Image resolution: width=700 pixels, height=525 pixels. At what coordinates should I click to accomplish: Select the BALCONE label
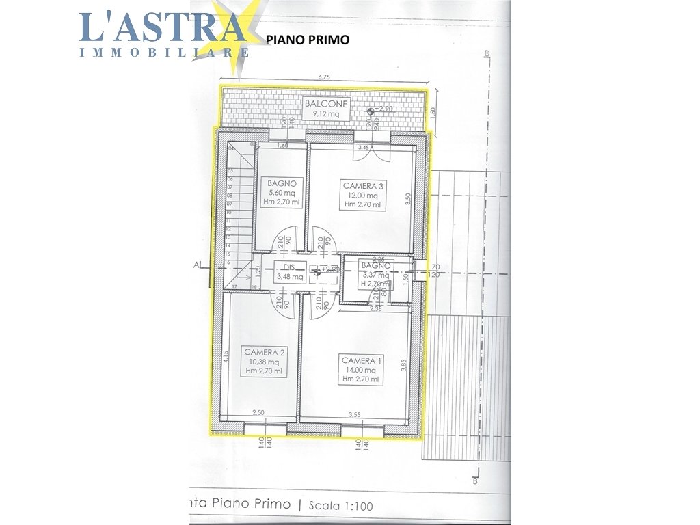coord(326,104)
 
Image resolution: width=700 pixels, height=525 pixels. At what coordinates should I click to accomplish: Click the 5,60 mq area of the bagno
coord(281,193)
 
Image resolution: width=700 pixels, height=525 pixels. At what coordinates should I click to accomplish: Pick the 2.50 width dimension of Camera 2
coord(258,413)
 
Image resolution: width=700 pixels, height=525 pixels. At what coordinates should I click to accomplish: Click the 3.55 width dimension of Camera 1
coord(354,414)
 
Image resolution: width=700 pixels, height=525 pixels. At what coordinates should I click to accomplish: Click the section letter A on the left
coord(196,264)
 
